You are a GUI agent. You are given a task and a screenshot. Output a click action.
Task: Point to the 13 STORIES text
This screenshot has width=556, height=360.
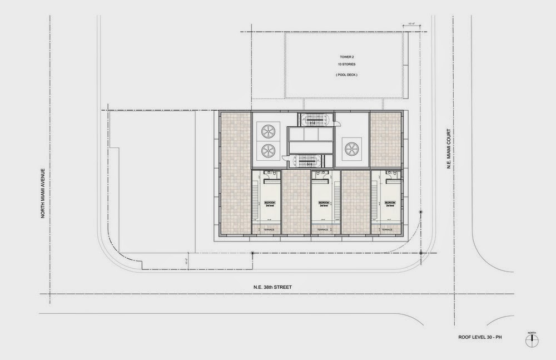(x=346, y=65)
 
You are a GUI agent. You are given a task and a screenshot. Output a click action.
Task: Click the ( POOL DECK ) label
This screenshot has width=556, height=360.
(x=346, y=75)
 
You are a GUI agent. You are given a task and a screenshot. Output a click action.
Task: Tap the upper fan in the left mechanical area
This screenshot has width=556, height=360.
(x=268, y=131)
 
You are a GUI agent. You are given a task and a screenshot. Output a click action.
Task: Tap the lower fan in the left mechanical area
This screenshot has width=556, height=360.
(x=268, y=151)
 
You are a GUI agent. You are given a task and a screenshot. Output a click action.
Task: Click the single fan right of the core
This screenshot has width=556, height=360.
(x=351, y=148)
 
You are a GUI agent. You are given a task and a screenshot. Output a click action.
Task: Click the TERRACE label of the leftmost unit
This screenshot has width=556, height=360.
(x=269, y=229)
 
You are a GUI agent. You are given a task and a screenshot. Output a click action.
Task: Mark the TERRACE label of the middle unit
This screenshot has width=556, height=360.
(x=323, y=229)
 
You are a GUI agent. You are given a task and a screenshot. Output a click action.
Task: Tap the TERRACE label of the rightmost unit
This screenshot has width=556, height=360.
(x=387, y=229)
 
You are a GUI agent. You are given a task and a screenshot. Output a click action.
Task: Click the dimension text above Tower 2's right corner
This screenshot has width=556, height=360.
(x=412, y=24)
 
